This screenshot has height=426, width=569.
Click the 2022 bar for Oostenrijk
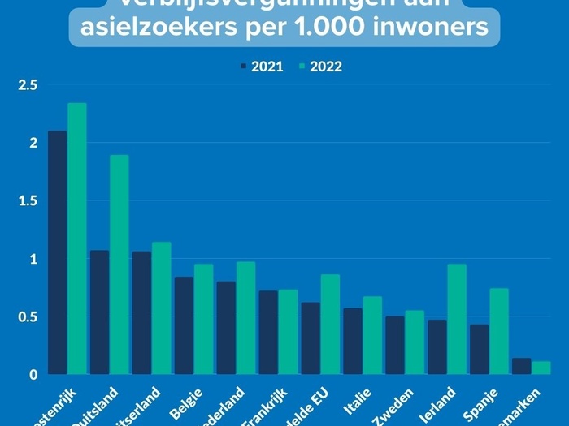pos(77,239)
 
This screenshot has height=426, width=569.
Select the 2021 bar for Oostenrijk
pos(58,252)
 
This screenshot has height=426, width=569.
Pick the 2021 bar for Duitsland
pos(100,312)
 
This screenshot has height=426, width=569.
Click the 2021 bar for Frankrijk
pos(268,333)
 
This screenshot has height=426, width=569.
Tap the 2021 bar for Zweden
pos(395,346)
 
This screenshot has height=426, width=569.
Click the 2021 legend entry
pos(262,67)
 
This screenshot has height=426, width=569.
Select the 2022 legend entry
pos(320,67)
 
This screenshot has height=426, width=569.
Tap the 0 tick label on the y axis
pos(33,375)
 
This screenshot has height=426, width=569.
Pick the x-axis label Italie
pos(357,401)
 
